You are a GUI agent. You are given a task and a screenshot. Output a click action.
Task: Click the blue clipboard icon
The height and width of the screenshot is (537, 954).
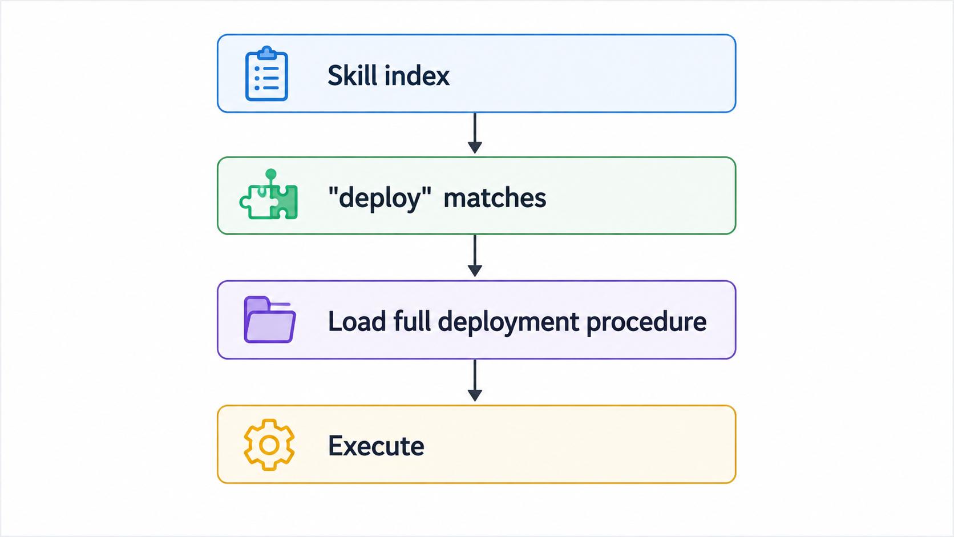point(266,74)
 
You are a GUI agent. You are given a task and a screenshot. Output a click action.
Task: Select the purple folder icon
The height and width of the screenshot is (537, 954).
point(269,320)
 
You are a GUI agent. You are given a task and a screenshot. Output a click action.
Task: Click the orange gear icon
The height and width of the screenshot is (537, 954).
point(269,445)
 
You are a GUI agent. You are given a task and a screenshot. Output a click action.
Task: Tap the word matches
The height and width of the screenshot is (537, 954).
point(495,199)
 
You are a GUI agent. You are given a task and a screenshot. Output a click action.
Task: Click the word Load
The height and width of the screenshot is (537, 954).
point(357,321)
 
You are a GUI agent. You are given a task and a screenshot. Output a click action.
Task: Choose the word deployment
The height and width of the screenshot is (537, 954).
point(508,322)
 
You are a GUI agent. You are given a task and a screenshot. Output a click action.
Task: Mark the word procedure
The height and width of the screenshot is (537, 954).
point(646,322)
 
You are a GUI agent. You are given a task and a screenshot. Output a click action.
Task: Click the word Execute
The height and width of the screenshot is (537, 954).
point(376,446)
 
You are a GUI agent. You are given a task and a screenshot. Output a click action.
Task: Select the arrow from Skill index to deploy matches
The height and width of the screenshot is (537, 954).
point(475,134)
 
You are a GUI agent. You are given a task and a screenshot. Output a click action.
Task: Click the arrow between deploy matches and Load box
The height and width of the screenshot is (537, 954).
point(475,256)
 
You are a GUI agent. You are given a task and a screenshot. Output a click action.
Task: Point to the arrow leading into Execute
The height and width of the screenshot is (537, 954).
point(475,380)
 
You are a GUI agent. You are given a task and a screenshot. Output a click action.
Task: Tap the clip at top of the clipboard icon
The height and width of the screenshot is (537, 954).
point(266,53)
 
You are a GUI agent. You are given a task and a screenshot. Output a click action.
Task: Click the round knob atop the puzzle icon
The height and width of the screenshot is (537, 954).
point(271,174)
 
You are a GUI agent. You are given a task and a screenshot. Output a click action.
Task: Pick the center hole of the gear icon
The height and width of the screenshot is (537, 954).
point(269,445)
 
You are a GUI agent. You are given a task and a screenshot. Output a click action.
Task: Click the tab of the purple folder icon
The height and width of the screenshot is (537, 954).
point(257,303)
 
